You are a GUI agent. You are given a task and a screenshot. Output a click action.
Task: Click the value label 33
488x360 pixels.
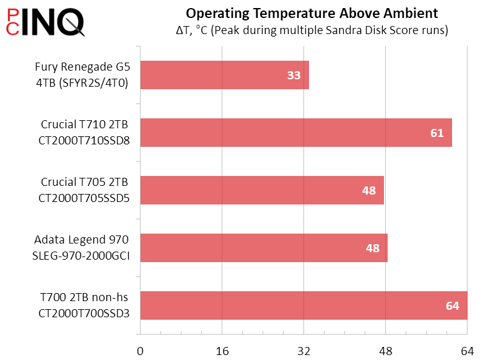pyautogui.click(x=294, y=76)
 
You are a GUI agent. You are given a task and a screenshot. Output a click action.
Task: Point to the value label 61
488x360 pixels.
pyautogui.click(x=437, y=133)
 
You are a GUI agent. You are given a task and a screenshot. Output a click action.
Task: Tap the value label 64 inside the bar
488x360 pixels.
pyautogui.click(x=453, y=305)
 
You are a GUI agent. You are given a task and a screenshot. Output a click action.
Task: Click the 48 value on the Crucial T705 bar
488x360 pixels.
pyautogui.click(x=369, y=190)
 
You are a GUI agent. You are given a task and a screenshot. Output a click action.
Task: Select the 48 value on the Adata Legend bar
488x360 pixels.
pyautogui.click(x=373, y=248)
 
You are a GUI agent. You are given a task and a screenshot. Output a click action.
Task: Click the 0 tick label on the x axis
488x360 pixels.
pyautogui.click(x=141, y=351)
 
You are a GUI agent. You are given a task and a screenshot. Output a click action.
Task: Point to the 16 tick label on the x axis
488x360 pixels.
pyautogui.click(x=222, y=351)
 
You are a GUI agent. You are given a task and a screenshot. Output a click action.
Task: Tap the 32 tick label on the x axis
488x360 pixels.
pyautogui.click(x=304, y=351)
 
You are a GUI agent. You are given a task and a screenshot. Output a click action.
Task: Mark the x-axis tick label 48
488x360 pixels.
pyautogui.click(x=386, y=351)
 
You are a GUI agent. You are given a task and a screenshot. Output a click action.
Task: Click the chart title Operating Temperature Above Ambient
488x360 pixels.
pyautogui.click(x=312, y=13)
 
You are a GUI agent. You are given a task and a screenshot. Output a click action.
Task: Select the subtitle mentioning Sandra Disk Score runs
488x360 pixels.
pyautogui.click(x=312, y=30)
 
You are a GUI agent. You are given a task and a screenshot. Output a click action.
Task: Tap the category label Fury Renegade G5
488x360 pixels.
pyautogui.click(x=81, y=67)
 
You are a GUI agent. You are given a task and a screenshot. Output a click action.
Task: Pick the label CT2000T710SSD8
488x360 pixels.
pyautogui.click(x=84, y=141)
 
